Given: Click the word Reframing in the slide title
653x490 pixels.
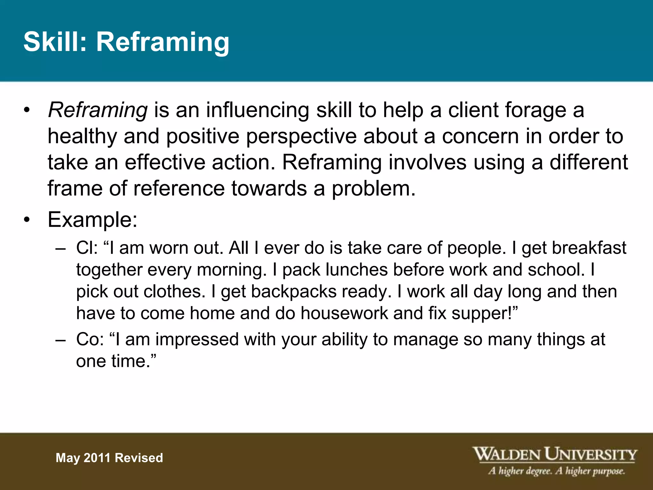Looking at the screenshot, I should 163,42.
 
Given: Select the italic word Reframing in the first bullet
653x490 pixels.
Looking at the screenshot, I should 98,110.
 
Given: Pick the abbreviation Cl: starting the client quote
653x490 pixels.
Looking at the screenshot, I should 87,248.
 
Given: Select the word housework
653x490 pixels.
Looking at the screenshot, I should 344,313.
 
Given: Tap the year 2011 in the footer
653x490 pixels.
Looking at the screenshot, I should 97,458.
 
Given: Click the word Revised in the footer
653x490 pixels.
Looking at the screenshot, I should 139,458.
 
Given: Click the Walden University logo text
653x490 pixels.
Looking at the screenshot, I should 554,454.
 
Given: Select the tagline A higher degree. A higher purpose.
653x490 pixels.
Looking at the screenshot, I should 556,471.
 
